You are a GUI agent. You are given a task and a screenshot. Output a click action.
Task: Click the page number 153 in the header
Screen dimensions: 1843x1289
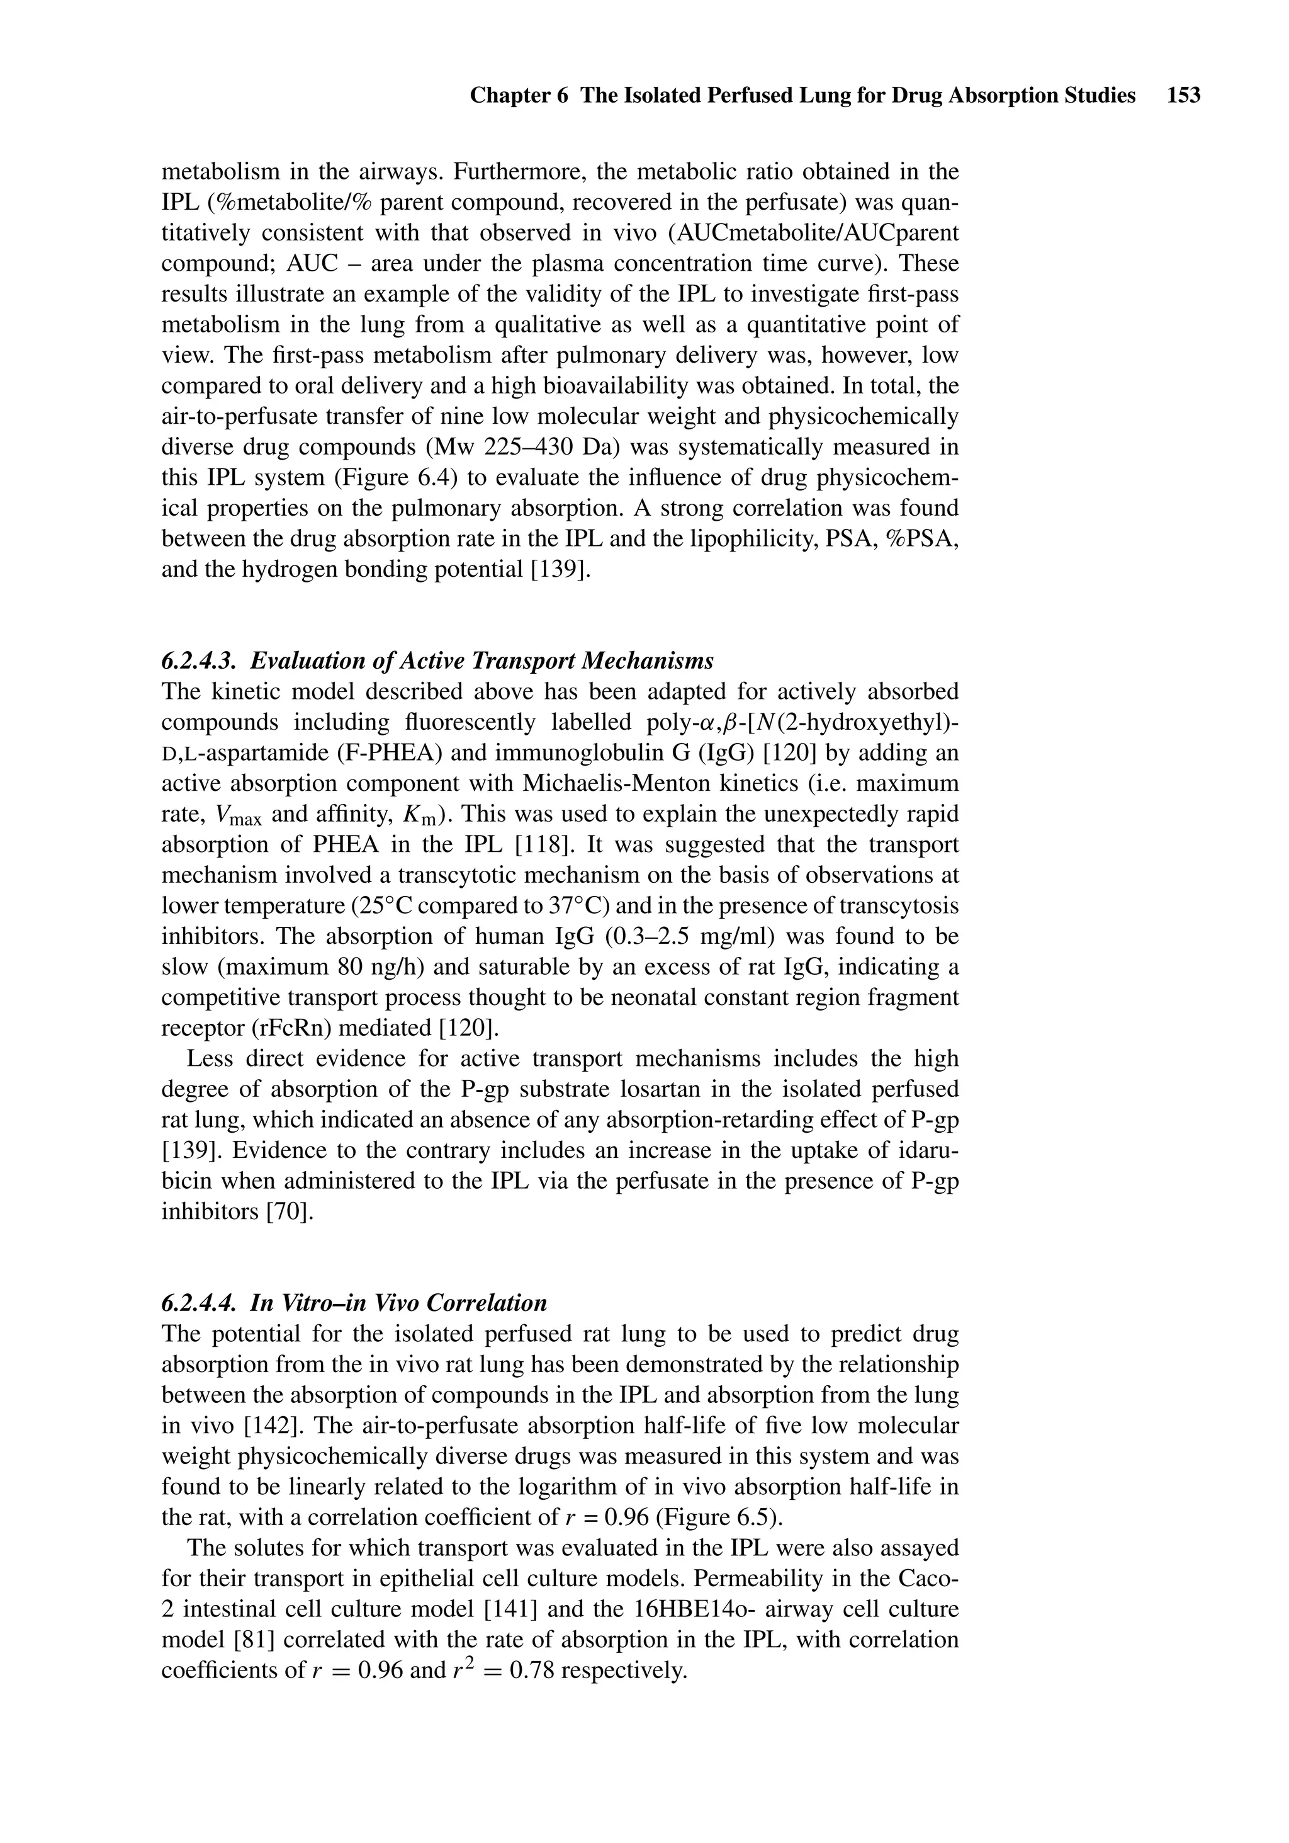point(1184,96)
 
